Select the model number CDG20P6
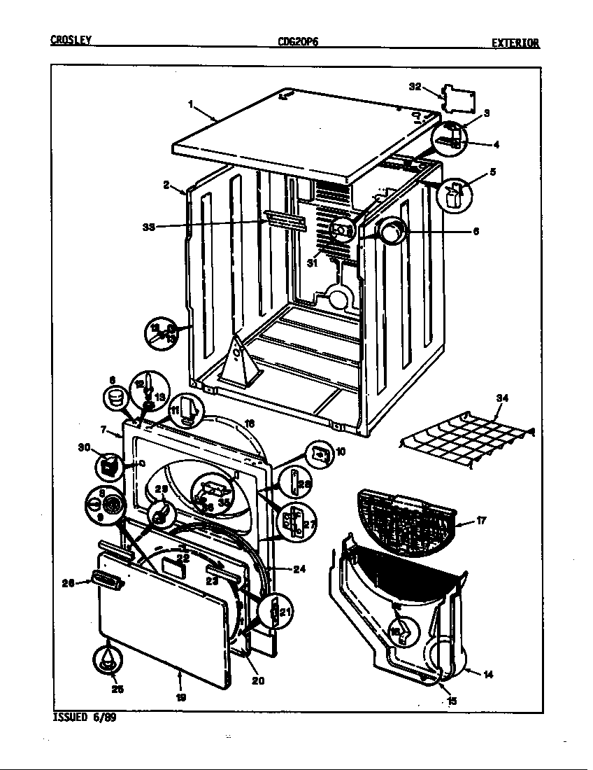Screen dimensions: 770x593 [x=298, y=42]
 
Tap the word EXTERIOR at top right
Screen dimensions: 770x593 [x=515, y=43]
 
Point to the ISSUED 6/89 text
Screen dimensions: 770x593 [x=85, y=717]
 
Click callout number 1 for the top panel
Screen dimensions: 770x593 [x=190, y=104]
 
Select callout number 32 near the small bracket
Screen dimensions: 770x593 [x=415, y=87]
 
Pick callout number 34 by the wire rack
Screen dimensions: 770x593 [x=501, y=398]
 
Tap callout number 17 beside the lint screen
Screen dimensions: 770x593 [x=482, y=520]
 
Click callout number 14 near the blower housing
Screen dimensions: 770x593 [x=487, y=674]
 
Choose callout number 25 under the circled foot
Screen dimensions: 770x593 [x=117, y=689]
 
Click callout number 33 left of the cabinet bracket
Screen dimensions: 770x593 [x=148, y=226]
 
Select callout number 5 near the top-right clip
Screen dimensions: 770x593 [x=492, y=171]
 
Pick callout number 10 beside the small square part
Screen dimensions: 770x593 [x=341, y=451]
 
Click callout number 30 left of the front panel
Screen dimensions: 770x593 [x=85, y=447]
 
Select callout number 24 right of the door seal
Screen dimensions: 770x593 [x=299, y=569]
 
